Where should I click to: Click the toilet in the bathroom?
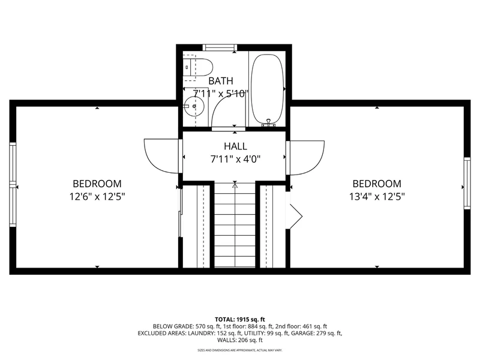pyautogui.click(x=199, y=67)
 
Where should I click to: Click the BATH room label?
pyautogui.click(x=221, y=81)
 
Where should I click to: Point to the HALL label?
pyautogui.click(x=235, y=146)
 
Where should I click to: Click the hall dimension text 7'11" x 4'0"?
pyautogui.click(x=235, y=159)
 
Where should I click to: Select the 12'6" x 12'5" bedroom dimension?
pyautogui.click(x=97, y=196)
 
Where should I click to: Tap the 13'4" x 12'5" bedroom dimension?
pyautogui.click(x=377, y=196)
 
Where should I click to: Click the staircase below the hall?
pyautogui.click(x=235, y=225)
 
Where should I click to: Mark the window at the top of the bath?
pyautogui.click(x=220, y=47)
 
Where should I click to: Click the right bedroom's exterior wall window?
pyautogui.click(x=467, y=183)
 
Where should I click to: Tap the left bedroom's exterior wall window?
pyautogui.click(x=13, y=185)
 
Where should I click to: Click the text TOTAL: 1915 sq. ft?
pyautogui.click(x=240, y=320)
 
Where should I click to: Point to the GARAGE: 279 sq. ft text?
pyautogui.click(x=317, y=334)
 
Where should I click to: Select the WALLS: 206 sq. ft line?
pyautogui.click(x=240, y=340)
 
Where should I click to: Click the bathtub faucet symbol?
pyautogui.click(x=268, y=123)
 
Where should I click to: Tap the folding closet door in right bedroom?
pyautogui.click(x=295, y=216)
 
